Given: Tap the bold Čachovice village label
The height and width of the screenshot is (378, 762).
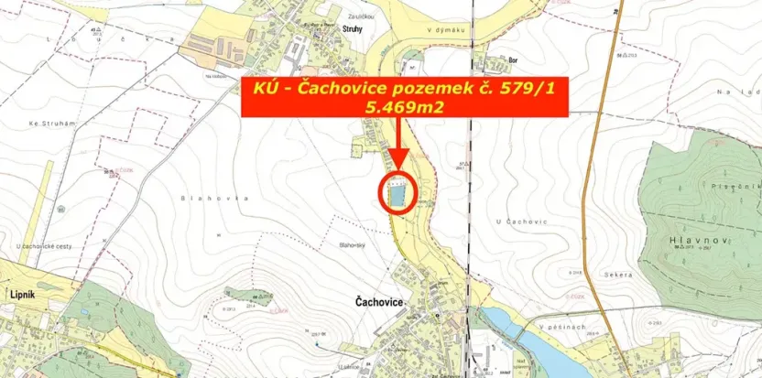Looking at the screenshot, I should click(379, 300).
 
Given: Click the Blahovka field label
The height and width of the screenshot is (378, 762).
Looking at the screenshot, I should click(202, 198).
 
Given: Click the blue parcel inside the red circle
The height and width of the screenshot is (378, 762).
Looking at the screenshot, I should click(397, 195).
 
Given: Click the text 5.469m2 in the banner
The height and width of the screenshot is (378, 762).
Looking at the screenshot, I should click(404, 106).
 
